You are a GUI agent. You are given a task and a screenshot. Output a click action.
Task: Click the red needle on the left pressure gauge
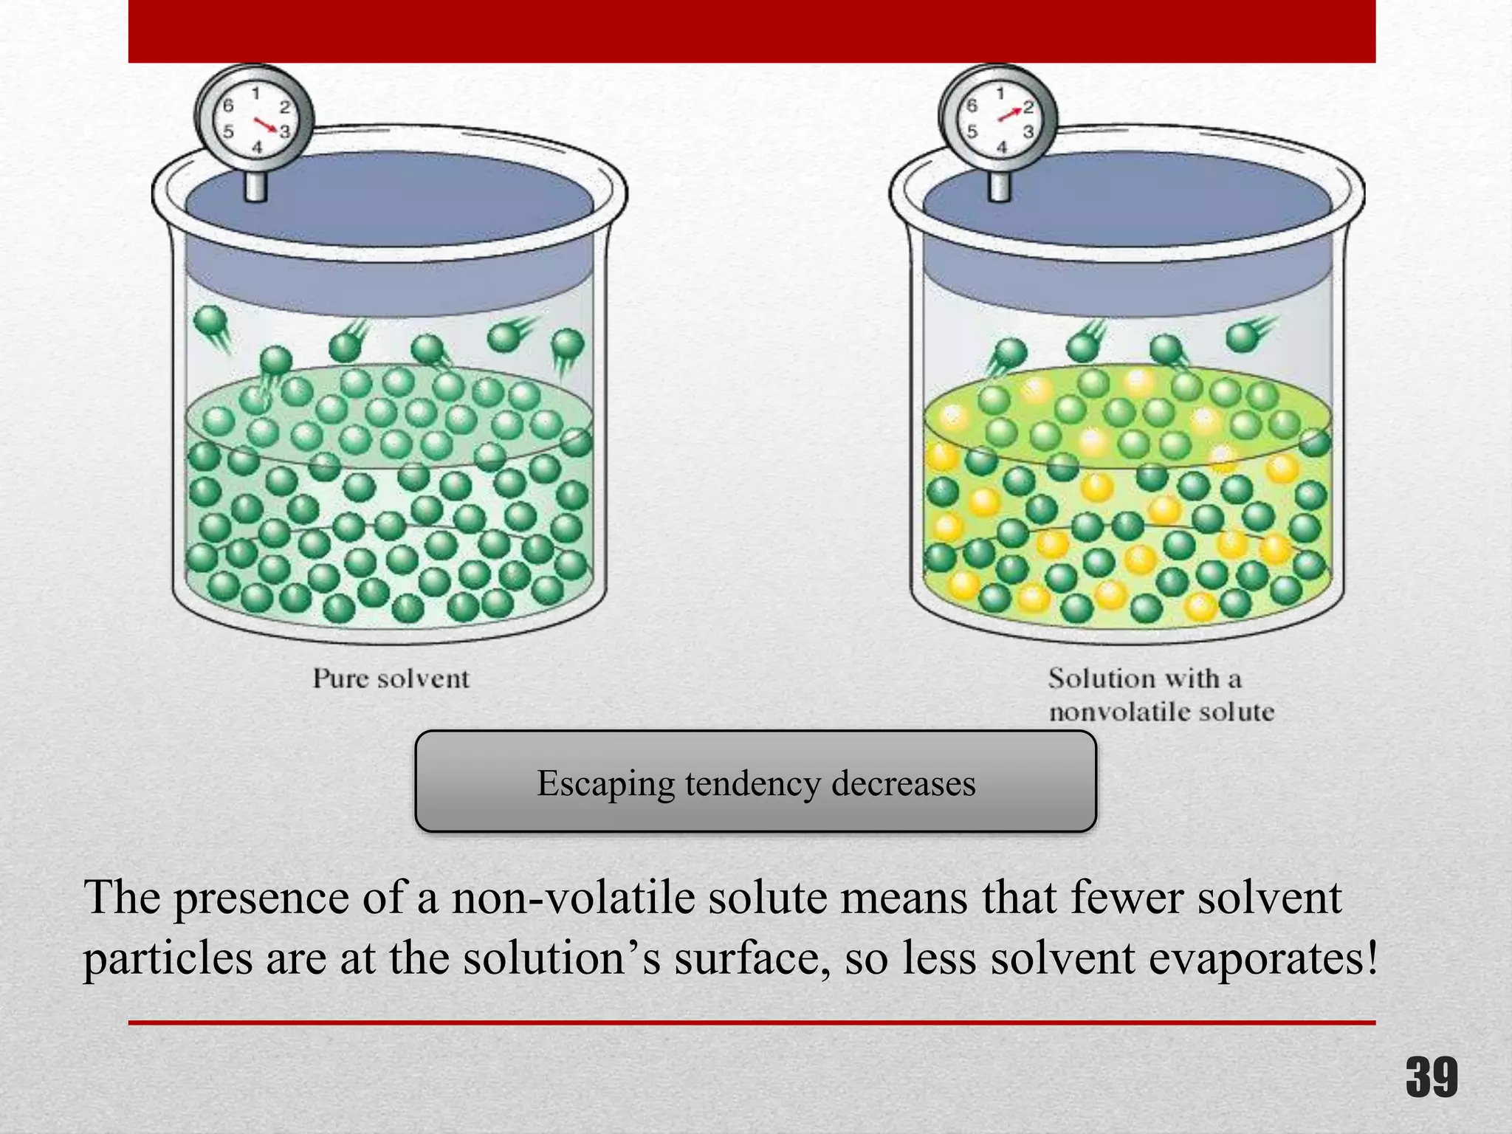(x=265, y=125)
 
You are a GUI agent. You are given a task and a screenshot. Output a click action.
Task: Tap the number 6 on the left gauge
(x=228, y=106)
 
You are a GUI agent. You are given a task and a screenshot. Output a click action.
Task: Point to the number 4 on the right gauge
(x=1002, y=148)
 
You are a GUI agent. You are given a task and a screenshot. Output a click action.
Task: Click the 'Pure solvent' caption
(x=391, y=678)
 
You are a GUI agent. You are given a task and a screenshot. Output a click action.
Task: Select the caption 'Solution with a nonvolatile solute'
(x=1161, y=695)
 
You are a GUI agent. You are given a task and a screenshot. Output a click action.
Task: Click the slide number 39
(x=1432, y=1077)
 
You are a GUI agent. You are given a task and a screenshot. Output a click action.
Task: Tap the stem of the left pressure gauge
(x=255, y=185)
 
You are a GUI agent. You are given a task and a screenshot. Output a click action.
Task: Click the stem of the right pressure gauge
(x=1000, y=185)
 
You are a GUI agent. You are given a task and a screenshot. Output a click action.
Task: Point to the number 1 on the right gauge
(x=1000, y=94)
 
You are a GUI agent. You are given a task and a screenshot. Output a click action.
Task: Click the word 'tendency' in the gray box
(x=752, y=783)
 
